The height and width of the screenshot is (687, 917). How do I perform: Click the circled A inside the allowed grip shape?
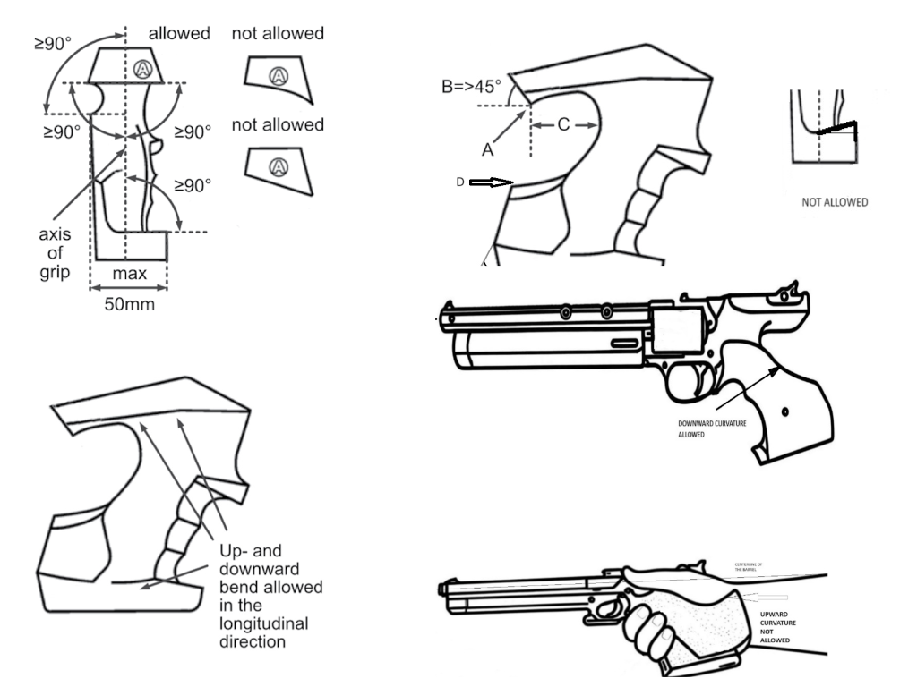141,69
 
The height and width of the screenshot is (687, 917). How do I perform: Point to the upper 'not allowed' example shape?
279,80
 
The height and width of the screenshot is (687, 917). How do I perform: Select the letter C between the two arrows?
564,125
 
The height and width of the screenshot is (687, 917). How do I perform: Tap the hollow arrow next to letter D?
492,182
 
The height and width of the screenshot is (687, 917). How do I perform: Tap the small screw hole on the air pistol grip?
784,411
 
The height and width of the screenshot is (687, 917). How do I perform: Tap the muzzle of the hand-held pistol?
442,590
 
